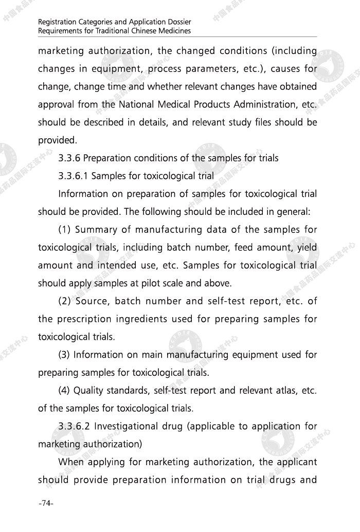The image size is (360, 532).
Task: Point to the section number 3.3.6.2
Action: pyautogui.click(x=75, y=426)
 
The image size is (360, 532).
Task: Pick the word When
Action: pyautogui.click(x=70, y=462)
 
